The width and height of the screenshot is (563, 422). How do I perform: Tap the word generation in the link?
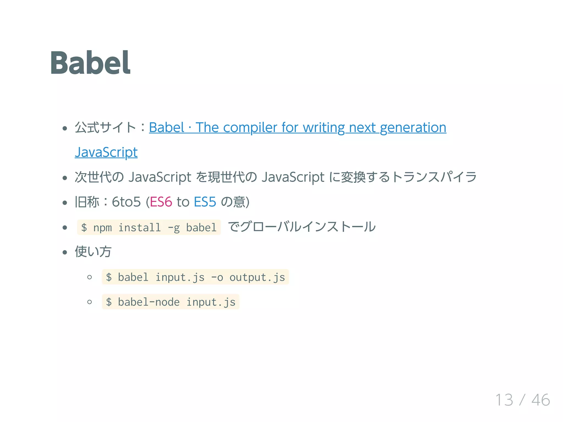coord(413,128)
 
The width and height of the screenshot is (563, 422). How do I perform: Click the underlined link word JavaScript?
coord(106,152)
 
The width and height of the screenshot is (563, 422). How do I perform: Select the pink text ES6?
coord(161,202)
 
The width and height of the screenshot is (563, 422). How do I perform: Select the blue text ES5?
coord(205,202)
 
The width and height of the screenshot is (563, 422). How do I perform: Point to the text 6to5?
coord(126,202)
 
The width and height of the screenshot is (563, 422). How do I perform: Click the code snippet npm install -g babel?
coord(149,228)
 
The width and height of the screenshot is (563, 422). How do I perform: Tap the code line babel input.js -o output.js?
coord(195,277)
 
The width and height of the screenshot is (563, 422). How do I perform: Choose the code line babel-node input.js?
coord(170,302)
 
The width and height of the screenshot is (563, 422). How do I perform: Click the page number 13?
coord(504,400)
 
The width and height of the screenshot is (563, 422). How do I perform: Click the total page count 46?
coord(540,400)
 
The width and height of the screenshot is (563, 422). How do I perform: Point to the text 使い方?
coord(93,252)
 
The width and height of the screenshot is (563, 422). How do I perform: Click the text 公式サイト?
coord(105,128)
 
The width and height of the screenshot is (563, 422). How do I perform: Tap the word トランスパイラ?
coord(434,177)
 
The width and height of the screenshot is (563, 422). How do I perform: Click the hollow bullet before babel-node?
coord(89,302)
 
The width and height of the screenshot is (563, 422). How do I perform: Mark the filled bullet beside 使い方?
coord(65,252)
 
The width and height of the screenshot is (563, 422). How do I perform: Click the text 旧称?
coord(87,202)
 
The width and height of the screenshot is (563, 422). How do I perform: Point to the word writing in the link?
coord(324,128)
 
